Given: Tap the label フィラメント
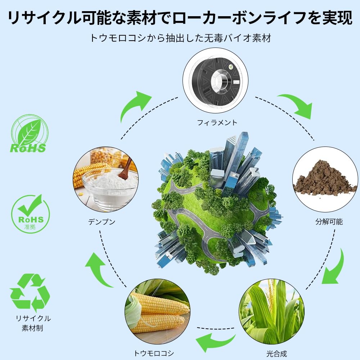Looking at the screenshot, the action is [x=217, y=123].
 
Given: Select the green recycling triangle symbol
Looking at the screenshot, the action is [x=30, y=293].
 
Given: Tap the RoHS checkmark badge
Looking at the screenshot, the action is [x=30, y=214].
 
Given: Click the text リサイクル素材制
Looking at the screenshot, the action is [x=33, y=323].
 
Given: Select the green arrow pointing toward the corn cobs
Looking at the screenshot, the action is [x=215, y=341].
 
